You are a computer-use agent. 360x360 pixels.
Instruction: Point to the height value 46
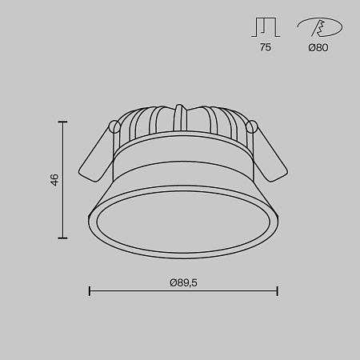tap(54, 179)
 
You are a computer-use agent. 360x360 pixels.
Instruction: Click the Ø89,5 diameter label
tap(183, 281)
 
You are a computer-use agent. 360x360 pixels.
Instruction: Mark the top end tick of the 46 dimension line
tap(63, 121)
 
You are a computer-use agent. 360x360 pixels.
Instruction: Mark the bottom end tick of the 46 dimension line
tap(63, 238)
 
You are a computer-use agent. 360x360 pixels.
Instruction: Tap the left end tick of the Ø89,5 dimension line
tap(89, 291)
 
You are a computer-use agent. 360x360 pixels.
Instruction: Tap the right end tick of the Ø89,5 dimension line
tap(278, 291)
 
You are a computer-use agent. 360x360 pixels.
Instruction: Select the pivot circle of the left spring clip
tap(114, 126)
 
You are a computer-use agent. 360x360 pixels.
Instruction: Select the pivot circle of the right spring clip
tap(253, 126)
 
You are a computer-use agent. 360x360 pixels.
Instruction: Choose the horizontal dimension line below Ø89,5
tap(183, 291)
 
